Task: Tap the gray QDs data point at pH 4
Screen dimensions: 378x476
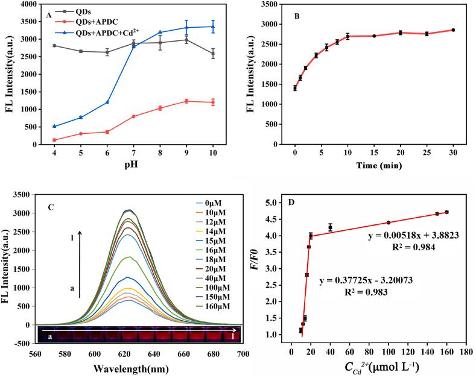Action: [x=54, y=45]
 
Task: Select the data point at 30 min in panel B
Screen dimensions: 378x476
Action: [x=452, y=30]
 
